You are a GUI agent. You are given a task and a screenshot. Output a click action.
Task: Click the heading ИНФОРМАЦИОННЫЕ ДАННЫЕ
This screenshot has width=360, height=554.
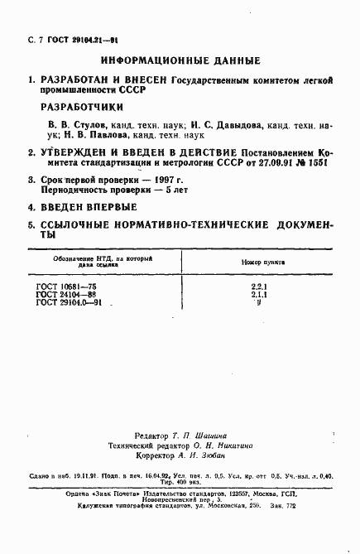(180, 60)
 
